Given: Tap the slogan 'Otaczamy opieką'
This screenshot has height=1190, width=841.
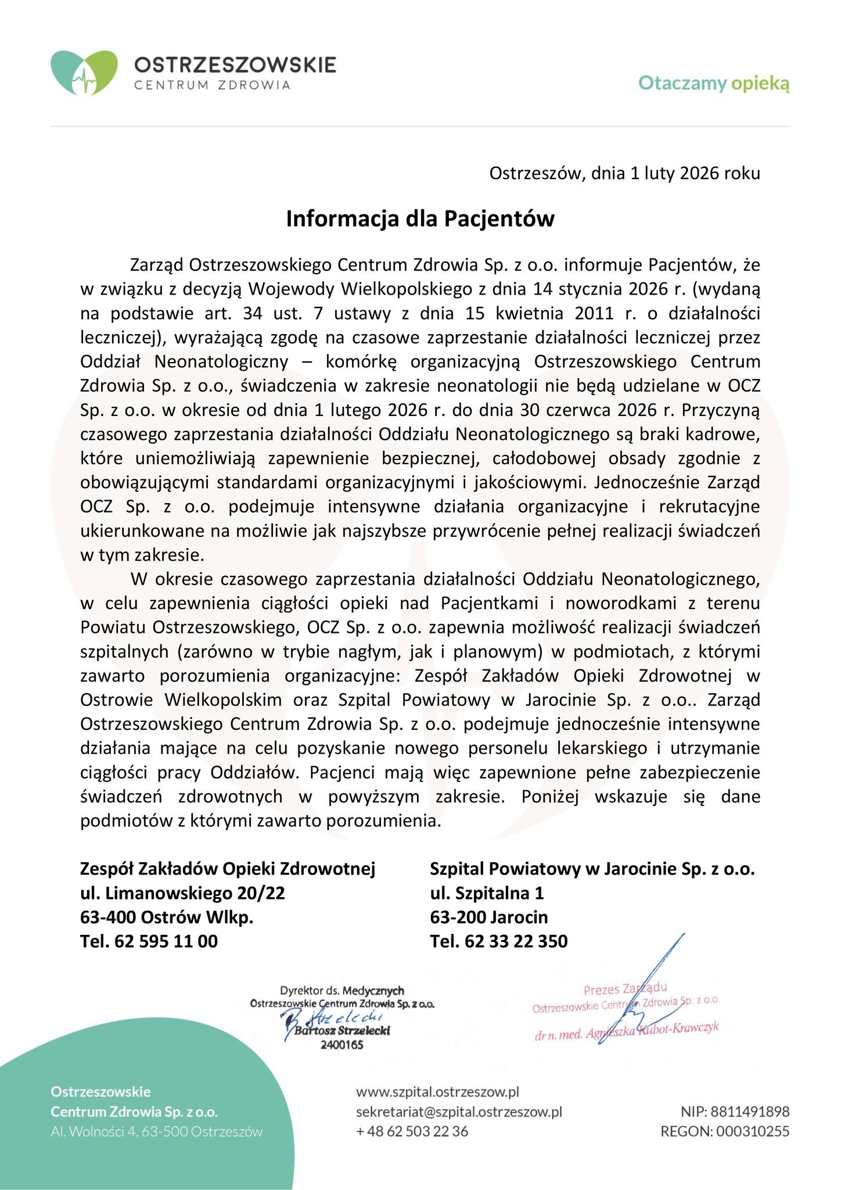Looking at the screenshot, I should (x=714, y=84).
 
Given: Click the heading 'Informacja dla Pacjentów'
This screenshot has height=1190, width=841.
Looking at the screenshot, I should (x=420, y=219).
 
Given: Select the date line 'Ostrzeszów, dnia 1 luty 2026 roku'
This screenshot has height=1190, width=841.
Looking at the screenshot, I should (x=624, y=173).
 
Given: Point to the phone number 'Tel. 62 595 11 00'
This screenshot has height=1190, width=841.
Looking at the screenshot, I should (x=149, y=941).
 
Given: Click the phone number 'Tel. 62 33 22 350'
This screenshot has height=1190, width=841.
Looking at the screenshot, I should (x=499, y=941).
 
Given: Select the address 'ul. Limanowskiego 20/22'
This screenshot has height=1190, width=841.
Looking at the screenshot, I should (x=183, y=892).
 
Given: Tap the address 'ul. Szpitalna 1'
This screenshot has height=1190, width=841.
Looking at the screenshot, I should (x=487, y=892).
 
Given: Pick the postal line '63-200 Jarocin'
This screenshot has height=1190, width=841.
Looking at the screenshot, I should (x=489, y=917).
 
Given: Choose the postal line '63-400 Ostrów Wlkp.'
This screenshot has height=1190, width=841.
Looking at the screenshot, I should (x=167, y=917).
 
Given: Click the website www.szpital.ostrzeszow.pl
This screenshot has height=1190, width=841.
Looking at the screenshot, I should (x=437, y=1092).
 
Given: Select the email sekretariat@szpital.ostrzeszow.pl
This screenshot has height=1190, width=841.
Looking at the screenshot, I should (x=459, y=1112).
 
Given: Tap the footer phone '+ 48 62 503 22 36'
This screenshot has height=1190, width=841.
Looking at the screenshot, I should (x=412, y=1131).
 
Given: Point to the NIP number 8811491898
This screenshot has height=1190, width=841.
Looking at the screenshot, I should (x=735, y=1112).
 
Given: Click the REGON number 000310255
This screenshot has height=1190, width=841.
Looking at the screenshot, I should (x=725, y=1131).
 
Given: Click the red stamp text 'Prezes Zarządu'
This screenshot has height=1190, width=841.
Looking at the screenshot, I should (x=625, y=988).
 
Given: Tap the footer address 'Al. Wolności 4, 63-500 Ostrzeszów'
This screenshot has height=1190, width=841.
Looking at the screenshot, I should (x=156, y=1131).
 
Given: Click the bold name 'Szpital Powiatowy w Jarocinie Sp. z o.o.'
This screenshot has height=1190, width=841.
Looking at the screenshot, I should (x=592, y=869).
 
